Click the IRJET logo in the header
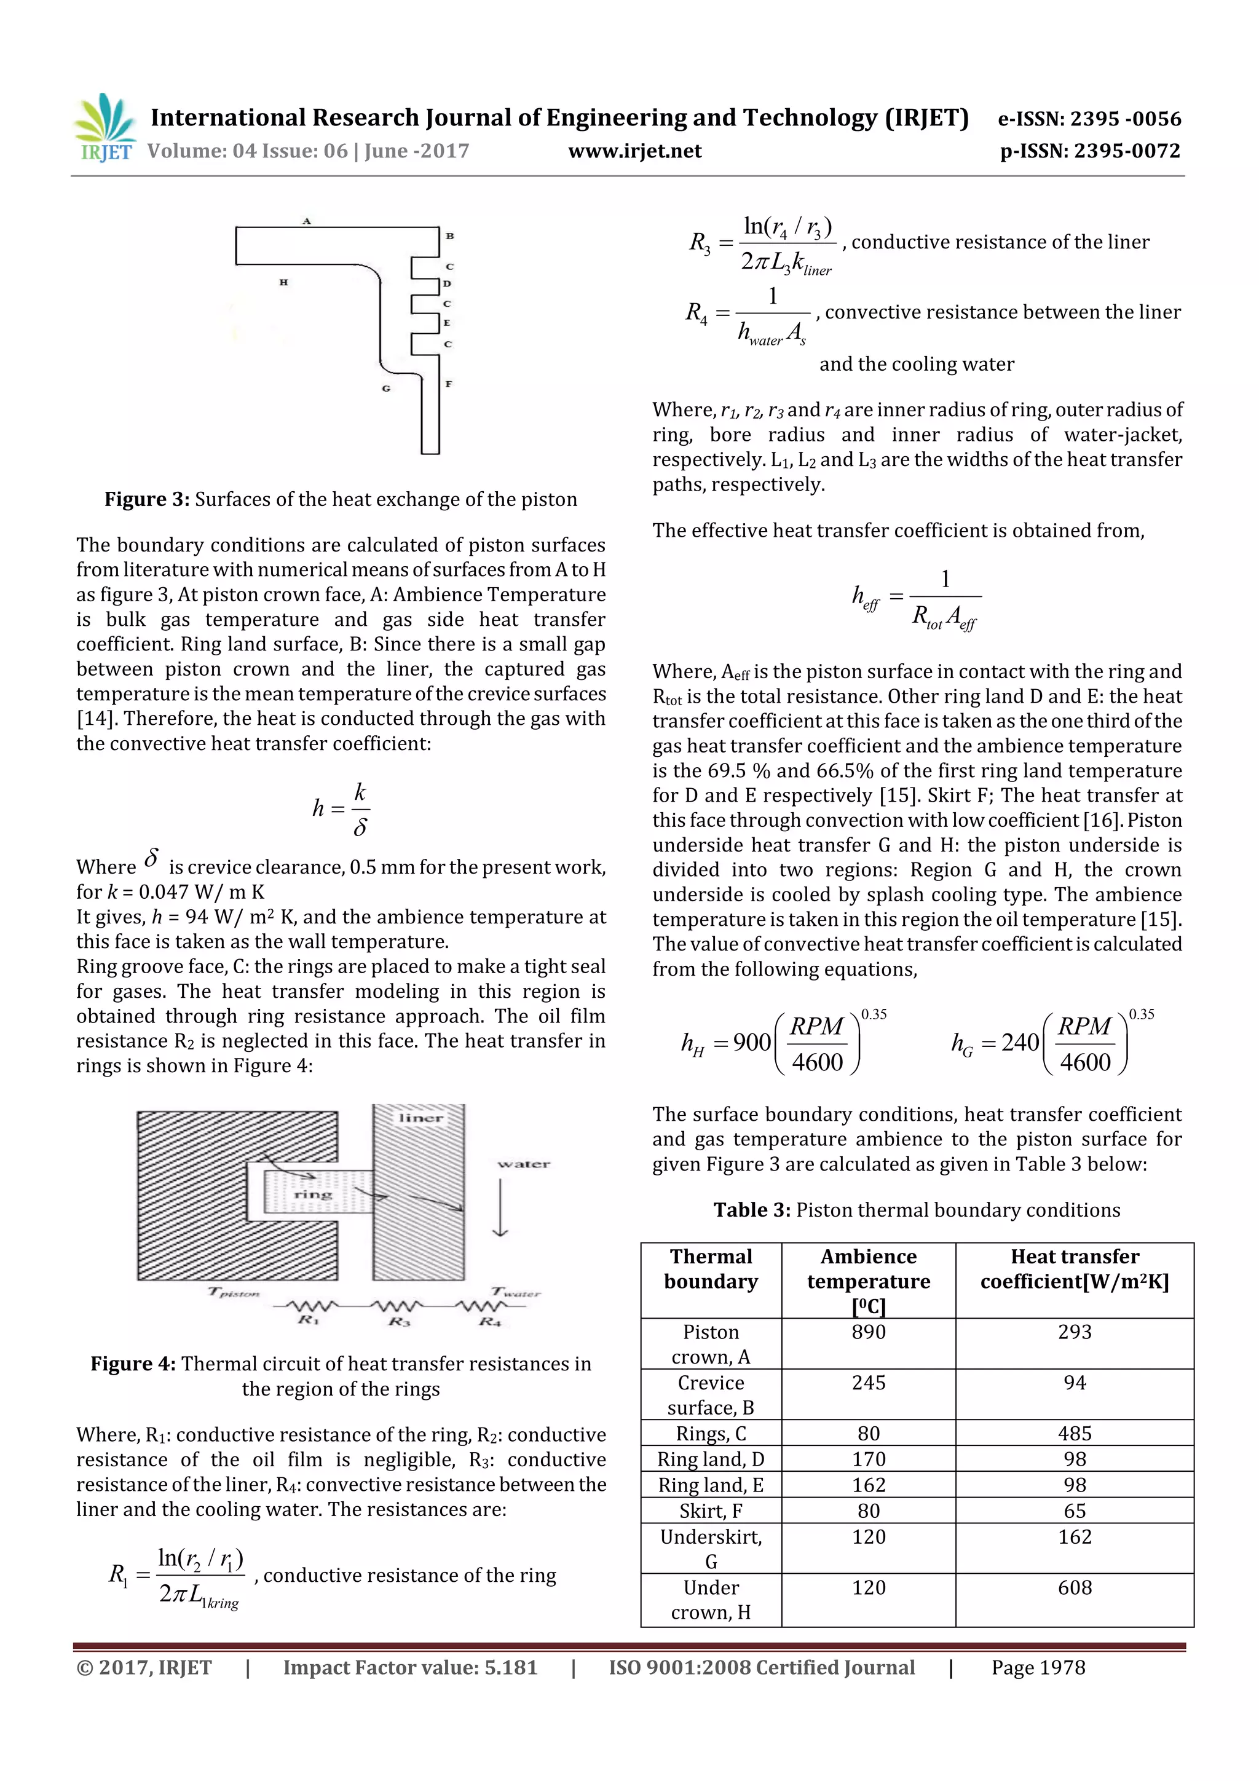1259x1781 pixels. pyautogui.click(x=104, y=127)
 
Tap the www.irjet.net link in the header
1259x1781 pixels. pyautogui.click(x=634, y=151)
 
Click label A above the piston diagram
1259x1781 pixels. pyautogui.click(x=307, y=221)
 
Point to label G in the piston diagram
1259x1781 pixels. pyautogui.click(x=385, y=388)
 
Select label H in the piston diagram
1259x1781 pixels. pyautogui.click(x=284, y=282)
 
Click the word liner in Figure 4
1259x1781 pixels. pyautogui.click(x=420, y=1118)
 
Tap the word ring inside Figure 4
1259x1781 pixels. pyautogui.click(x=313, y=1195)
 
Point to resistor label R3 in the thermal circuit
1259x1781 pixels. pyautogui.click(x=399, y=1321)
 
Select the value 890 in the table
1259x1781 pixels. pyautogui.click(x=868, y=1332)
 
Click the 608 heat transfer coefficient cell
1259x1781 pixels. pyautogui.click(x=1075, y=1587)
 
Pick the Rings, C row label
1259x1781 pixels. pyautogui.click(x=711, y=1434)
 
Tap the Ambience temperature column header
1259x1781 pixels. pyautogui.click(x=868, y=1269)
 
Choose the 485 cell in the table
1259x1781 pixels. pyautogui.click(x=1075, y=1434)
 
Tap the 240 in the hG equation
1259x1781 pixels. pyautogui.click(x=1019, y=1043)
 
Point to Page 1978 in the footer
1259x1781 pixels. pyautogui.click(x=1038, y=1668)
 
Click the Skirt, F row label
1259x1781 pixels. pyautogui.click(x=711, y=1511)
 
